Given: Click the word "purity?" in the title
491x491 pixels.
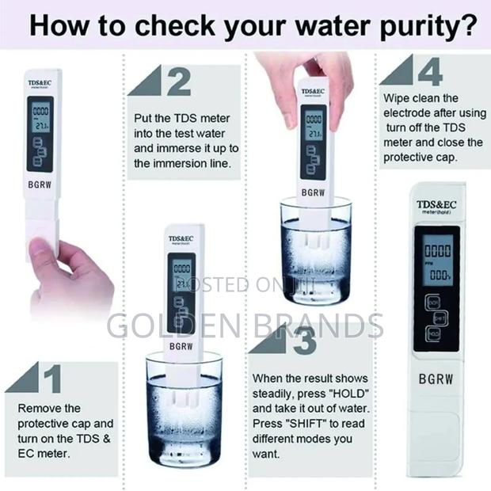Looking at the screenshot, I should coord(424,25).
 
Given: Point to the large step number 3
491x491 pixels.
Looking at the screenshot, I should coord(305,342).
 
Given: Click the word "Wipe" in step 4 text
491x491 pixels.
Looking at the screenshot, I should coord(398,98).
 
